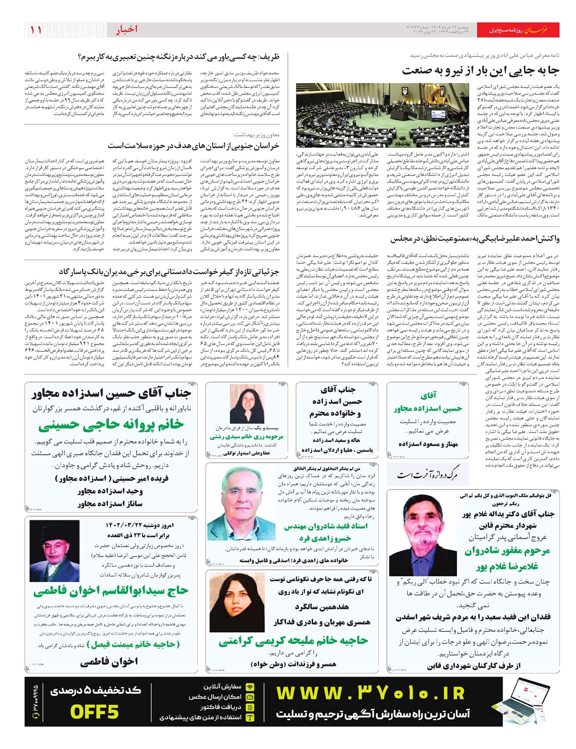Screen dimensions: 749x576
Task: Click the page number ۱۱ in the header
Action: point(36,30)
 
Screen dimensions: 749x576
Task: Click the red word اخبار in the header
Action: point(126,30)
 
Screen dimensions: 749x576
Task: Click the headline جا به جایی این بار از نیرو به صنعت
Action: point(480,71)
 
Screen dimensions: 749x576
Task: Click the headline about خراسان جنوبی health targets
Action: point(193,145)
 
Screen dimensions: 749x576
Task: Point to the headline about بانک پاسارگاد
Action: point(169,272)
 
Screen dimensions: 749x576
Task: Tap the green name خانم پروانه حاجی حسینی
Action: point(111,424)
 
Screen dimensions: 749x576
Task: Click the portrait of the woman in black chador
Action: point(247,404)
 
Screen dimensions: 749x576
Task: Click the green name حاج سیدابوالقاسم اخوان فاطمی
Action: point(110,591)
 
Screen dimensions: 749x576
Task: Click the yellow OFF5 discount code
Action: point(94,712)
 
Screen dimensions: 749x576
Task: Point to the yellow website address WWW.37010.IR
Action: point(370,693)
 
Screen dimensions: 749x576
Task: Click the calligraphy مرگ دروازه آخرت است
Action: point(426,475)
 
